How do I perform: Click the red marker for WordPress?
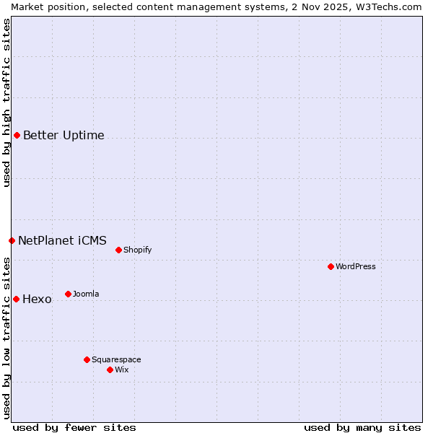[x=331, y=266]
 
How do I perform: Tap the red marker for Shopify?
[x=118, y=250]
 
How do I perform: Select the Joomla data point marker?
[x=68, y=294]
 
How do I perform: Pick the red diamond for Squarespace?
[x=87, y=359]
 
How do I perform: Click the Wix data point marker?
[x=110, y=369]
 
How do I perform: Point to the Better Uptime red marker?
[x=17, y=135]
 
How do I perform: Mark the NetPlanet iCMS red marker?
[x=12, y=240]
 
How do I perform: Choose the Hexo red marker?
[x=16, y=299]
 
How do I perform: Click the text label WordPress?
[x=356, y=266]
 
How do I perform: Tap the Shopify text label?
[x=138, y=250]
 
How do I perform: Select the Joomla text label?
[x=86, y=294]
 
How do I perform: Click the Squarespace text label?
[x=116, y=359]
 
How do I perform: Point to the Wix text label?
[x=122, y=369]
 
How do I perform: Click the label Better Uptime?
[x=64, y=135]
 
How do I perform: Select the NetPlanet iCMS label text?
[x=62, y=240]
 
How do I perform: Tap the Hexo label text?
[x=37, y=299]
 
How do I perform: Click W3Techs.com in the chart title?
[x=393, y=6]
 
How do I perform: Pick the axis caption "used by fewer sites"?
[x=74, y=427]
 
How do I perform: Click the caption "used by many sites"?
[x=362, y=427]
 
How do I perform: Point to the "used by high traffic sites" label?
[x=6, y=102]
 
